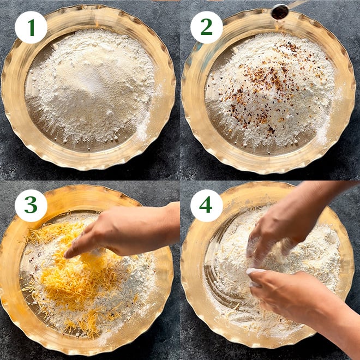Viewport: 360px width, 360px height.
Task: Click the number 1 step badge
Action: (x=31, y=27)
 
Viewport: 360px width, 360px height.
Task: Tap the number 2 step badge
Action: (x=206, y=27)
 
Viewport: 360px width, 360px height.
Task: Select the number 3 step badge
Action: (x=31, y=206)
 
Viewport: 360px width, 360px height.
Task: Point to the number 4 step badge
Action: (x=206, y=206)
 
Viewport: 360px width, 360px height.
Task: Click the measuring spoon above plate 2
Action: (x=279, y=11)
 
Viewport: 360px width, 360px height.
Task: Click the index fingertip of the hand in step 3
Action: (x=67, y=255)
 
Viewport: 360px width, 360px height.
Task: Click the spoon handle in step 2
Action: (x=298, y=3)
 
